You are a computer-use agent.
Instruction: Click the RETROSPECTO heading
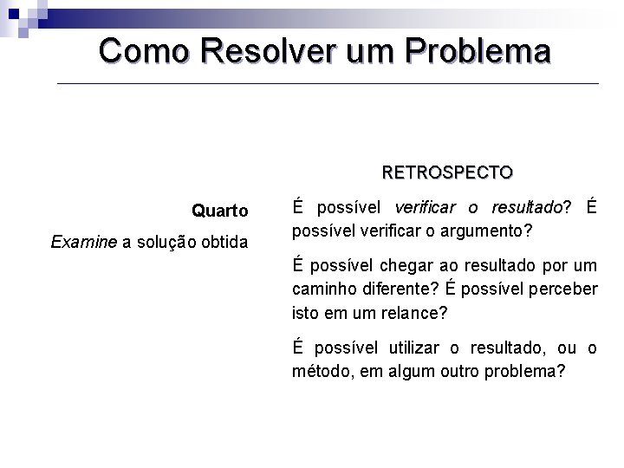pos(447,172)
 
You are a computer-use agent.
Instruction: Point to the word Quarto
pos(220,211)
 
